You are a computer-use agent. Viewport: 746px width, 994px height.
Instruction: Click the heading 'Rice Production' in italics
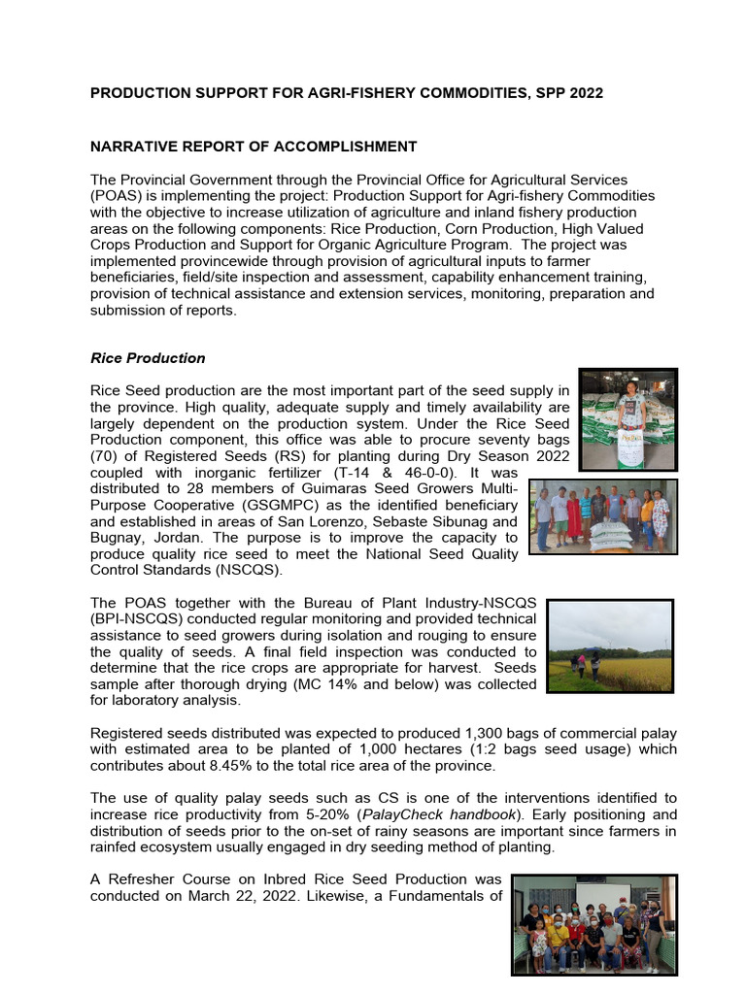click(x=148, y=358)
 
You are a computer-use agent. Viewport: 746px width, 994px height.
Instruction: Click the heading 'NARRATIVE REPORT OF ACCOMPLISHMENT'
click(x=254, y=147)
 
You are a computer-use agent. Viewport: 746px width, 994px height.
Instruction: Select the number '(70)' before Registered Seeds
click(x=103, y=456)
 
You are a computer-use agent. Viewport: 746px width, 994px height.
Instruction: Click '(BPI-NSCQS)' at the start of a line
click(x=136, y=618)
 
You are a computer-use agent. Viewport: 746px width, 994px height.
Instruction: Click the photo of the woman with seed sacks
click(x=628, y=419)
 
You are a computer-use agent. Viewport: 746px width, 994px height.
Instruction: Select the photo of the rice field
click(x=609, y=646)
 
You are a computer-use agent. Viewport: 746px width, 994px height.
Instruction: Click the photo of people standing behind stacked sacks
click(x=603, y=516)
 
